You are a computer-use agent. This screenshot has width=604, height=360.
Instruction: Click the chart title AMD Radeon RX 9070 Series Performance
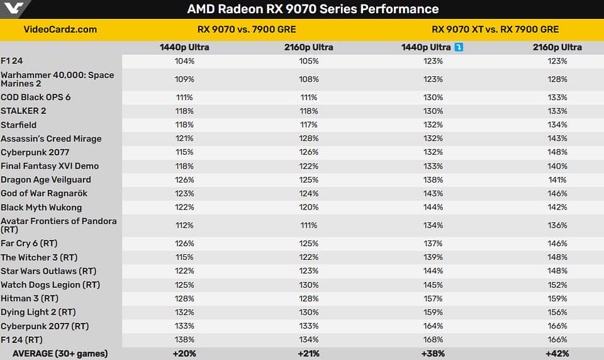313,9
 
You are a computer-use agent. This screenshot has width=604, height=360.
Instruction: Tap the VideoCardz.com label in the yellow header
60,29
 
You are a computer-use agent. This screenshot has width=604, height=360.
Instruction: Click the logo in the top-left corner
14,9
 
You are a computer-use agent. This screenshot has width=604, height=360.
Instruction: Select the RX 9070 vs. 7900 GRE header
247,29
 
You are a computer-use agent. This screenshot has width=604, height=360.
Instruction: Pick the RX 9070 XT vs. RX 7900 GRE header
495,29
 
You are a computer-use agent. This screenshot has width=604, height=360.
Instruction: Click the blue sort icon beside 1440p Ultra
458,47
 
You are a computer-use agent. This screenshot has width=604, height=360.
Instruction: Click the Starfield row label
19,125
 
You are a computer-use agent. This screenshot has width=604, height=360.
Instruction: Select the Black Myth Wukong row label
42,207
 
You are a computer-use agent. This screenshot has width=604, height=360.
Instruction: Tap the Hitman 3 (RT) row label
30,298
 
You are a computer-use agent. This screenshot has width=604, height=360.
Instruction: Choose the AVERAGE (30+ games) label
60,354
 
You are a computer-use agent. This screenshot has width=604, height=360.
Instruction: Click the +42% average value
557,354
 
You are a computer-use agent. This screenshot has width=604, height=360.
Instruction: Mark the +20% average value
184,354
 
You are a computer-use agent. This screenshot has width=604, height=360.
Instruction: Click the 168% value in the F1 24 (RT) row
433,340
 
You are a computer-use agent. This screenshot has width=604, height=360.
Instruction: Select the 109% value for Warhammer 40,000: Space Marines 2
184,79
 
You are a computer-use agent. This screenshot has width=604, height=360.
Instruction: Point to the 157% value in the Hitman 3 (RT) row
433,298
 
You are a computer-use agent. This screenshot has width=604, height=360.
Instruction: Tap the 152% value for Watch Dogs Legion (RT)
557,284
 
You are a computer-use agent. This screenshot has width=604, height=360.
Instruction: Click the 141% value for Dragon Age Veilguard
557,179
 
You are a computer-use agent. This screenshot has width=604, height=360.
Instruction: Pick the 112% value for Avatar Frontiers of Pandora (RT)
184,225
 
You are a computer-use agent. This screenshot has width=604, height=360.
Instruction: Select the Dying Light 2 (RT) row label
38,312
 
